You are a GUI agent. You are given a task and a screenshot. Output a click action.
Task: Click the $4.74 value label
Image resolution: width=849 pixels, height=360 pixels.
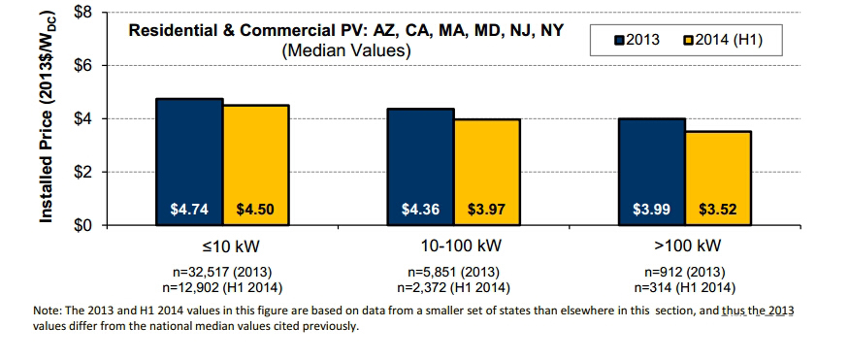189,210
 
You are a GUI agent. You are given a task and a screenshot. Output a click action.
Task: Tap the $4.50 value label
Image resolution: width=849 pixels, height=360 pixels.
255,210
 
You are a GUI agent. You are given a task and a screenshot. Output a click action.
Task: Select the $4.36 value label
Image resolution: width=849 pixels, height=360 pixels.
420,210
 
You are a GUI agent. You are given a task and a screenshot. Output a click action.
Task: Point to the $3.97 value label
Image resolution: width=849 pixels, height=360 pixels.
487,210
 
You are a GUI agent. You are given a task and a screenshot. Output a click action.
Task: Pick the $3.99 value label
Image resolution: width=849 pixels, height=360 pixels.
651,210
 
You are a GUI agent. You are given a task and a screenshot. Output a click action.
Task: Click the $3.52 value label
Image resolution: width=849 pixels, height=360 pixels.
718,210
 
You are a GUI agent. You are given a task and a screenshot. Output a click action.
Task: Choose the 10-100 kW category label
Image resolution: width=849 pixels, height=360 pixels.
461,245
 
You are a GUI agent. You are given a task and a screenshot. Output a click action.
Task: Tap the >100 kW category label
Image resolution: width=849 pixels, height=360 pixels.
688,245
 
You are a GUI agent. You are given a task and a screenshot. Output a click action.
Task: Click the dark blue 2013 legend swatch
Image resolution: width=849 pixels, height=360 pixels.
620,40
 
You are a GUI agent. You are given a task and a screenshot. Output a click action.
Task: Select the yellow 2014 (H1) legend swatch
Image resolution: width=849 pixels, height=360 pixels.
688,40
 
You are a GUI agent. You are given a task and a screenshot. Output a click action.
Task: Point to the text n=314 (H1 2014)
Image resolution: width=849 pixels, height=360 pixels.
690,288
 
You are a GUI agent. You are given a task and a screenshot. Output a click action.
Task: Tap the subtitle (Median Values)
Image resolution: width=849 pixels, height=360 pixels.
346,50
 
